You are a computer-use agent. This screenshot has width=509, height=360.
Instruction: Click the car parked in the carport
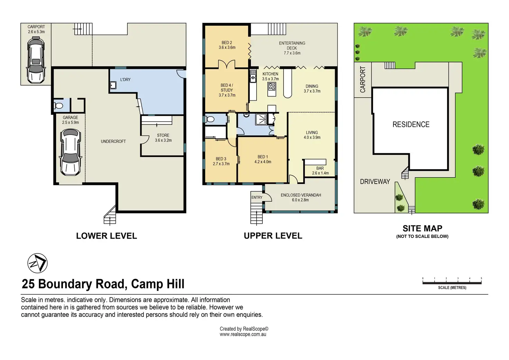click(x=36, y=60)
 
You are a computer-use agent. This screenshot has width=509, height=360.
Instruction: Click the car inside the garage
click(x=71, y=152)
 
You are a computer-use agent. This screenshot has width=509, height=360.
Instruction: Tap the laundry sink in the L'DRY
click(x=113, y=85)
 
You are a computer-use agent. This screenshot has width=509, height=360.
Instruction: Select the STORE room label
click(x=163, y=135)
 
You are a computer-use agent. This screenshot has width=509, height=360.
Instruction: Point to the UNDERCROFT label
click(x=113, y=141)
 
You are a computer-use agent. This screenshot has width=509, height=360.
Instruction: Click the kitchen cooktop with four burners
click(x=272, y=86)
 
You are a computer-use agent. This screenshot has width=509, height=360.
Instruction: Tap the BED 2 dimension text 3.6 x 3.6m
click(x=227, y=47)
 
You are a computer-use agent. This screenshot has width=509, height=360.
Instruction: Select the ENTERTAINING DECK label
click(x=292, y=45)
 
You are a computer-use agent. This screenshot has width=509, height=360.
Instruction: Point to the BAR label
click(x=320, y=168)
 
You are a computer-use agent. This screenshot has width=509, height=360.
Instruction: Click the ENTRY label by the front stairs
click(x=257, y=197)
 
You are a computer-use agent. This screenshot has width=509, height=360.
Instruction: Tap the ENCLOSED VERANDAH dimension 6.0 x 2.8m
click(x=300, y=200)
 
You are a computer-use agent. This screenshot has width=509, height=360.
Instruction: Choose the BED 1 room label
click(x=263, y=157)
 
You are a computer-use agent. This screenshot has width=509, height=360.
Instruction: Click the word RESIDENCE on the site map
click(x=411, y=124)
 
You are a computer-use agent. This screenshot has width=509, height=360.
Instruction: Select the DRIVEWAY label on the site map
click(x=375, y=181)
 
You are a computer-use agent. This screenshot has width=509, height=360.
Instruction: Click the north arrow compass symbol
click(x=37, y=263)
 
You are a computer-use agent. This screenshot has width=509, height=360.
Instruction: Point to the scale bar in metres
click(x=452, y=283)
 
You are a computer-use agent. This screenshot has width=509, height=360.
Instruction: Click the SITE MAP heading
click(x=423, y=228)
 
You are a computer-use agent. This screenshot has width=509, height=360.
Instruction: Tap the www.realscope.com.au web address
click(x=243, y=334)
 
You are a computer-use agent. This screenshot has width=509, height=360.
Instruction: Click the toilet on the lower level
click(x=58, y=105)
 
